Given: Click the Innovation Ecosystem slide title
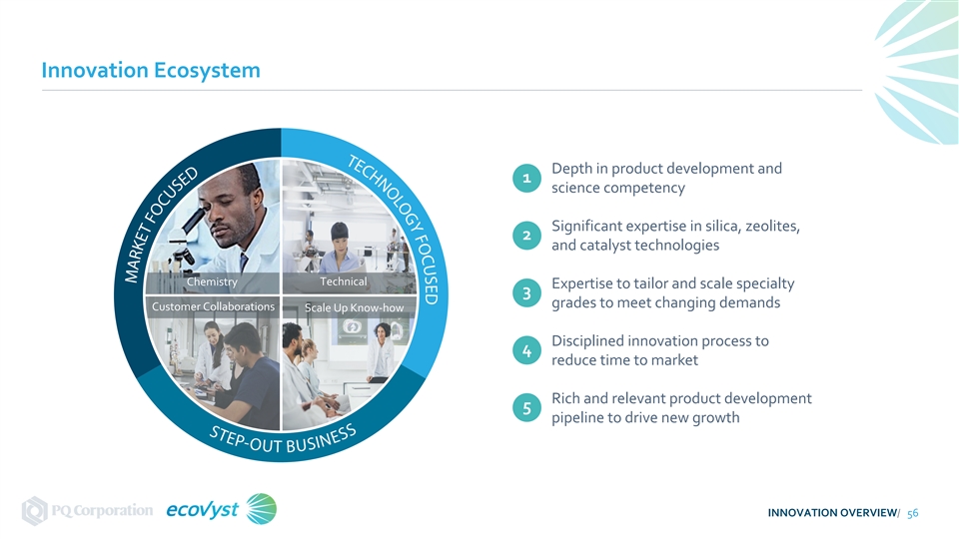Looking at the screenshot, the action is coord(151,70).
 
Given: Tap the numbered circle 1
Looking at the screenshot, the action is coord(526,178).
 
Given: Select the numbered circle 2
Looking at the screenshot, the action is coord(526,236).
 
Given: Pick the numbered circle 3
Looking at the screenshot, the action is coord(526,293).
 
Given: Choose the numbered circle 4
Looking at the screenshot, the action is coord(526,350).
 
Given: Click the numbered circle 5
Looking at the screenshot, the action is coord(526,408).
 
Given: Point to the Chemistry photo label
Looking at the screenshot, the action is coord(212,281).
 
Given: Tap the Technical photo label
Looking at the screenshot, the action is coord(344,281).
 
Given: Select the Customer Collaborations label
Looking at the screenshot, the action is coord(213,306).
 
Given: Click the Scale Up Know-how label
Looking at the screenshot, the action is coord(354,307).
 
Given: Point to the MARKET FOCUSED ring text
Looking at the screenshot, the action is coord(160,225).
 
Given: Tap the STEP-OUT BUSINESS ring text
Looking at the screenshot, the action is coord(283,440).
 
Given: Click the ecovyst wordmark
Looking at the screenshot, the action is coord(203,509).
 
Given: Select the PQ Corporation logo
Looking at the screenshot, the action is coord(88,510).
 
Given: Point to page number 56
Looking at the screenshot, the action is coord(912,513).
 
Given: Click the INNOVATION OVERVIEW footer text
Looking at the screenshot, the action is coord(832,513).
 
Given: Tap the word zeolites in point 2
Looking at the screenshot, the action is coord(772,227).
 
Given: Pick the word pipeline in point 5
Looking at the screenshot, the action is coord(576,418).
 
